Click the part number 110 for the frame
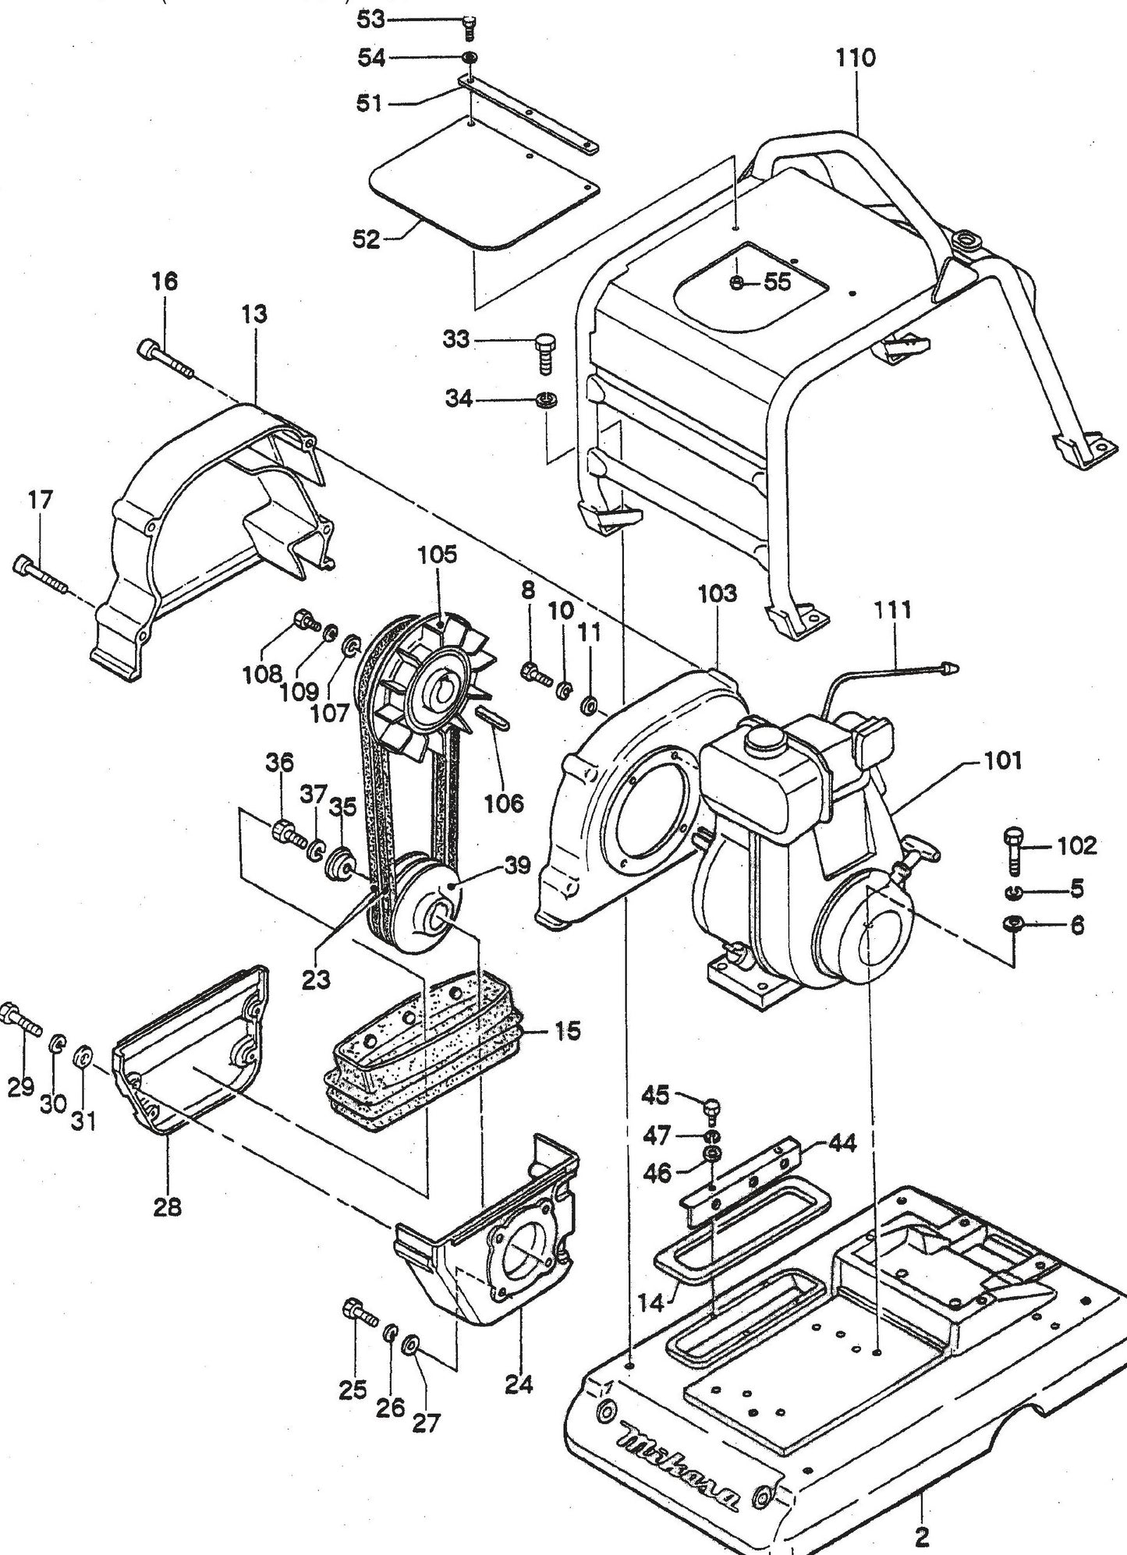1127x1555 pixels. coord(856,58)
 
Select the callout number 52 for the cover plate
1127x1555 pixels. coord(366,239)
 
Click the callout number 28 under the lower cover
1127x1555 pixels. coord(168,1207)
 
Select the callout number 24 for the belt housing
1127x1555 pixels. coord(519,1384)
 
